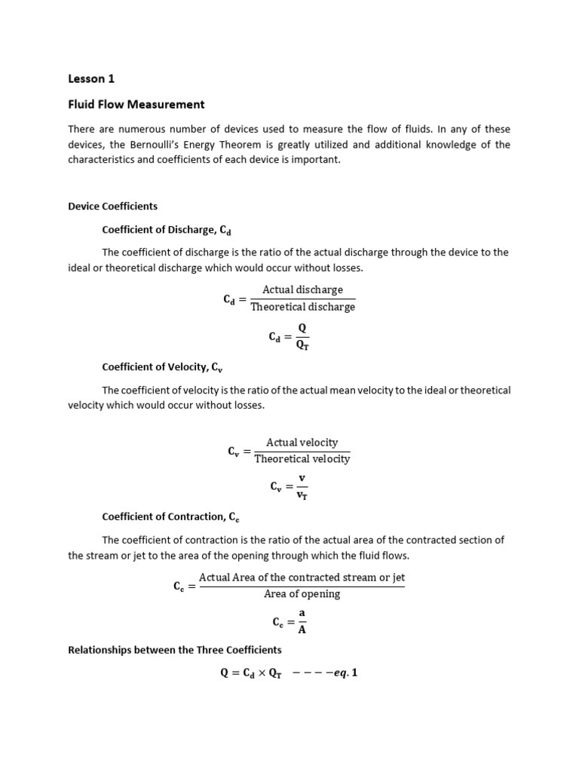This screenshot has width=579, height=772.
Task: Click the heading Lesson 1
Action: coord(91,78)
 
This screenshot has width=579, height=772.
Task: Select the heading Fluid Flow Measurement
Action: coord(136,104)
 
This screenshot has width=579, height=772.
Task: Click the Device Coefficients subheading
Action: coord(112,206)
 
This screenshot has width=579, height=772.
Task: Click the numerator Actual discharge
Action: coord(302,289)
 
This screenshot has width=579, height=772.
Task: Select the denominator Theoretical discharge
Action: coord(302,307)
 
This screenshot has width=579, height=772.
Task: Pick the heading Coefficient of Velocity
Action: coord(162,367)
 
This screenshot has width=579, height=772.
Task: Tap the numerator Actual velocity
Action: coord(302,443)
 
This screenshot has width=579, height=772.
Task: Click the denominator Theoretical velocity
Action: coord(302,459)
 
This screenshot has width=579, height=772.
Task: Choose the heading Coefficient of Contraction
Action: coord(170,516)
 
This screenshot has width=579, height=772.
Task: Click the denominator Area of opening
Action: coord(302,594)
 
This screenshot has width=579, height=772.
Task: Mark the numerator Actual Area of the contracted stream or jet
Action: coord(302,577)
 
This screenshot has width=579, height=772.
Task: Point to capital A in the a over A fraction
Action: coord(302,630)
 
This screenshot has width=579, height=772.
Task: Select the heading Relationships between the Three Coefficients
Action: coord(175,649)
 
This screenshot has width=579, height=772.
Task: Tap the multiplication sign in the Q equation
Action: coord(260,673)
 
